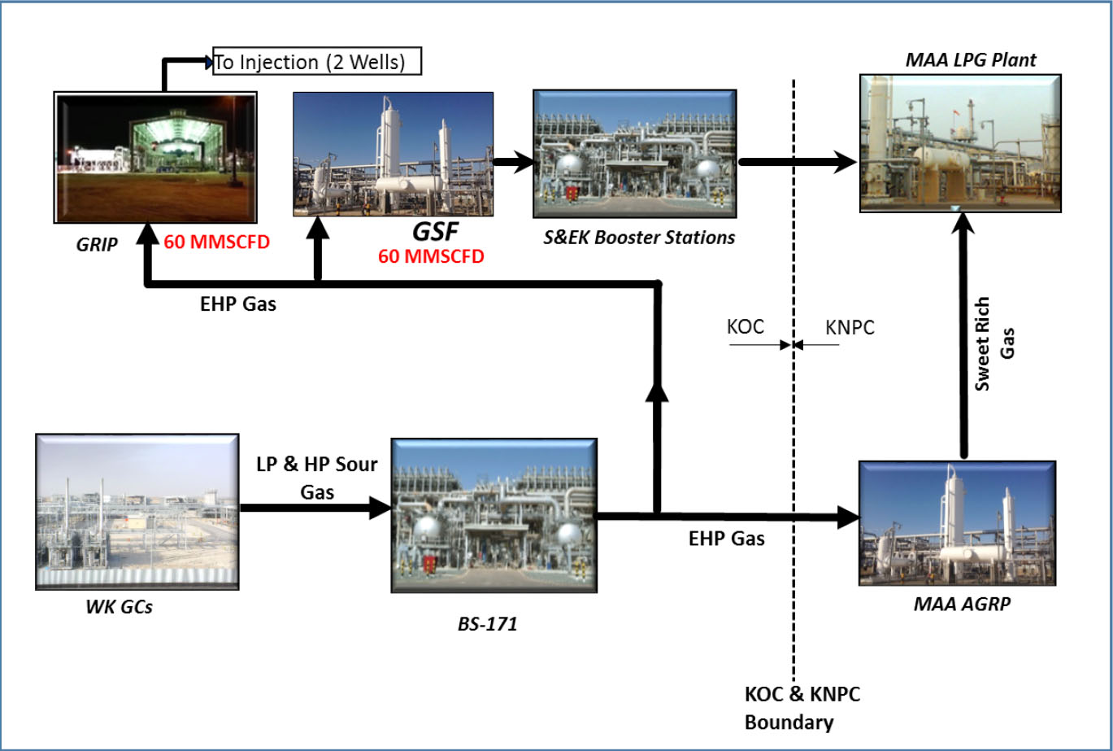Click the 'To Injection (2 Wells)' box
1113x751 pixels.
tap(317, 61)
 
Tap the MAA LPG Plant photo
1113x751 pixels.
tap(963, 144)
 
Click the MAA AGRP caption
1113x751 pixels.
tap(957, 605)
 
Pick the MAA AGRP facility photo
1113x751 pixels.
tap(957, 523)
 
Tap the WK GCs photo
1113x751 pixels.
tap(137, 511)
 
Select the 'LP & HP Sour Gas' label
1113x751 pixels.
tap(316, 477)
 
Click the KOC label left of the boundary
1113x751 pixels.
tap(746, 327)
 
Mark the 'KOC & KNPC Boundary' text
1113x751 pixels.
tap(802, 708)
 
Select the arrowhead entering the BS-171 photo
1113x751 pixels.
tap(380, 509)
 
